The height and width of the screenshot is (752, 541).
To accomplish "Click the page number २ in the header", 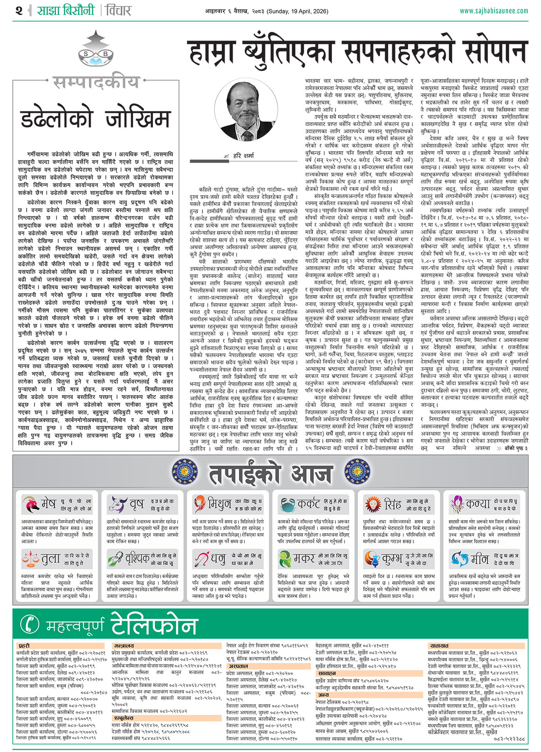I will click(18, 10).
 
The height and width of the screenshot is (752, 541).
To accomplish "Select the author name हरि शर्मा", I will click(243, 156).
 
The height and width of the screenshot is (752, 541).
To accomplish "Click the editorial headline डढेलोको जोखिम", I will click(95, 119).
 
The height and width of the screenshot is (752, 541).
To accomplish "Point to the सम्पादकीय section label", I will click(96, 82).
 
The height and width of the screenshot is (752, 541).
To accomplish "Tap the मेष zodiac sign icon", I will click(31, 504).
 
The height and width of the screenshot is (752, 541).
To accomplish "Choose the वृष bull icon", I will click(116, 504).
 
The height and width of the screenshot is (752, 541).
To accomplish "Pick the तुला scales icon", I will click(30, 559).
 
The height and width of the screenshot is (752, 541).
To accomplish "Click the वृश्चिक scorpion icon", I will click(115, 559).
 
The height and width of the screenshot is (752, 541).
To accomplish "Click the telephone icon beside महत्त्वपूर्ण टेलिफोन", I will click(31, 624).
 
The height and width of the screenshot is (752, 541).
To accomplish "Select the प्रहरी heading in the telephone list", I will click(24, 646).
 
